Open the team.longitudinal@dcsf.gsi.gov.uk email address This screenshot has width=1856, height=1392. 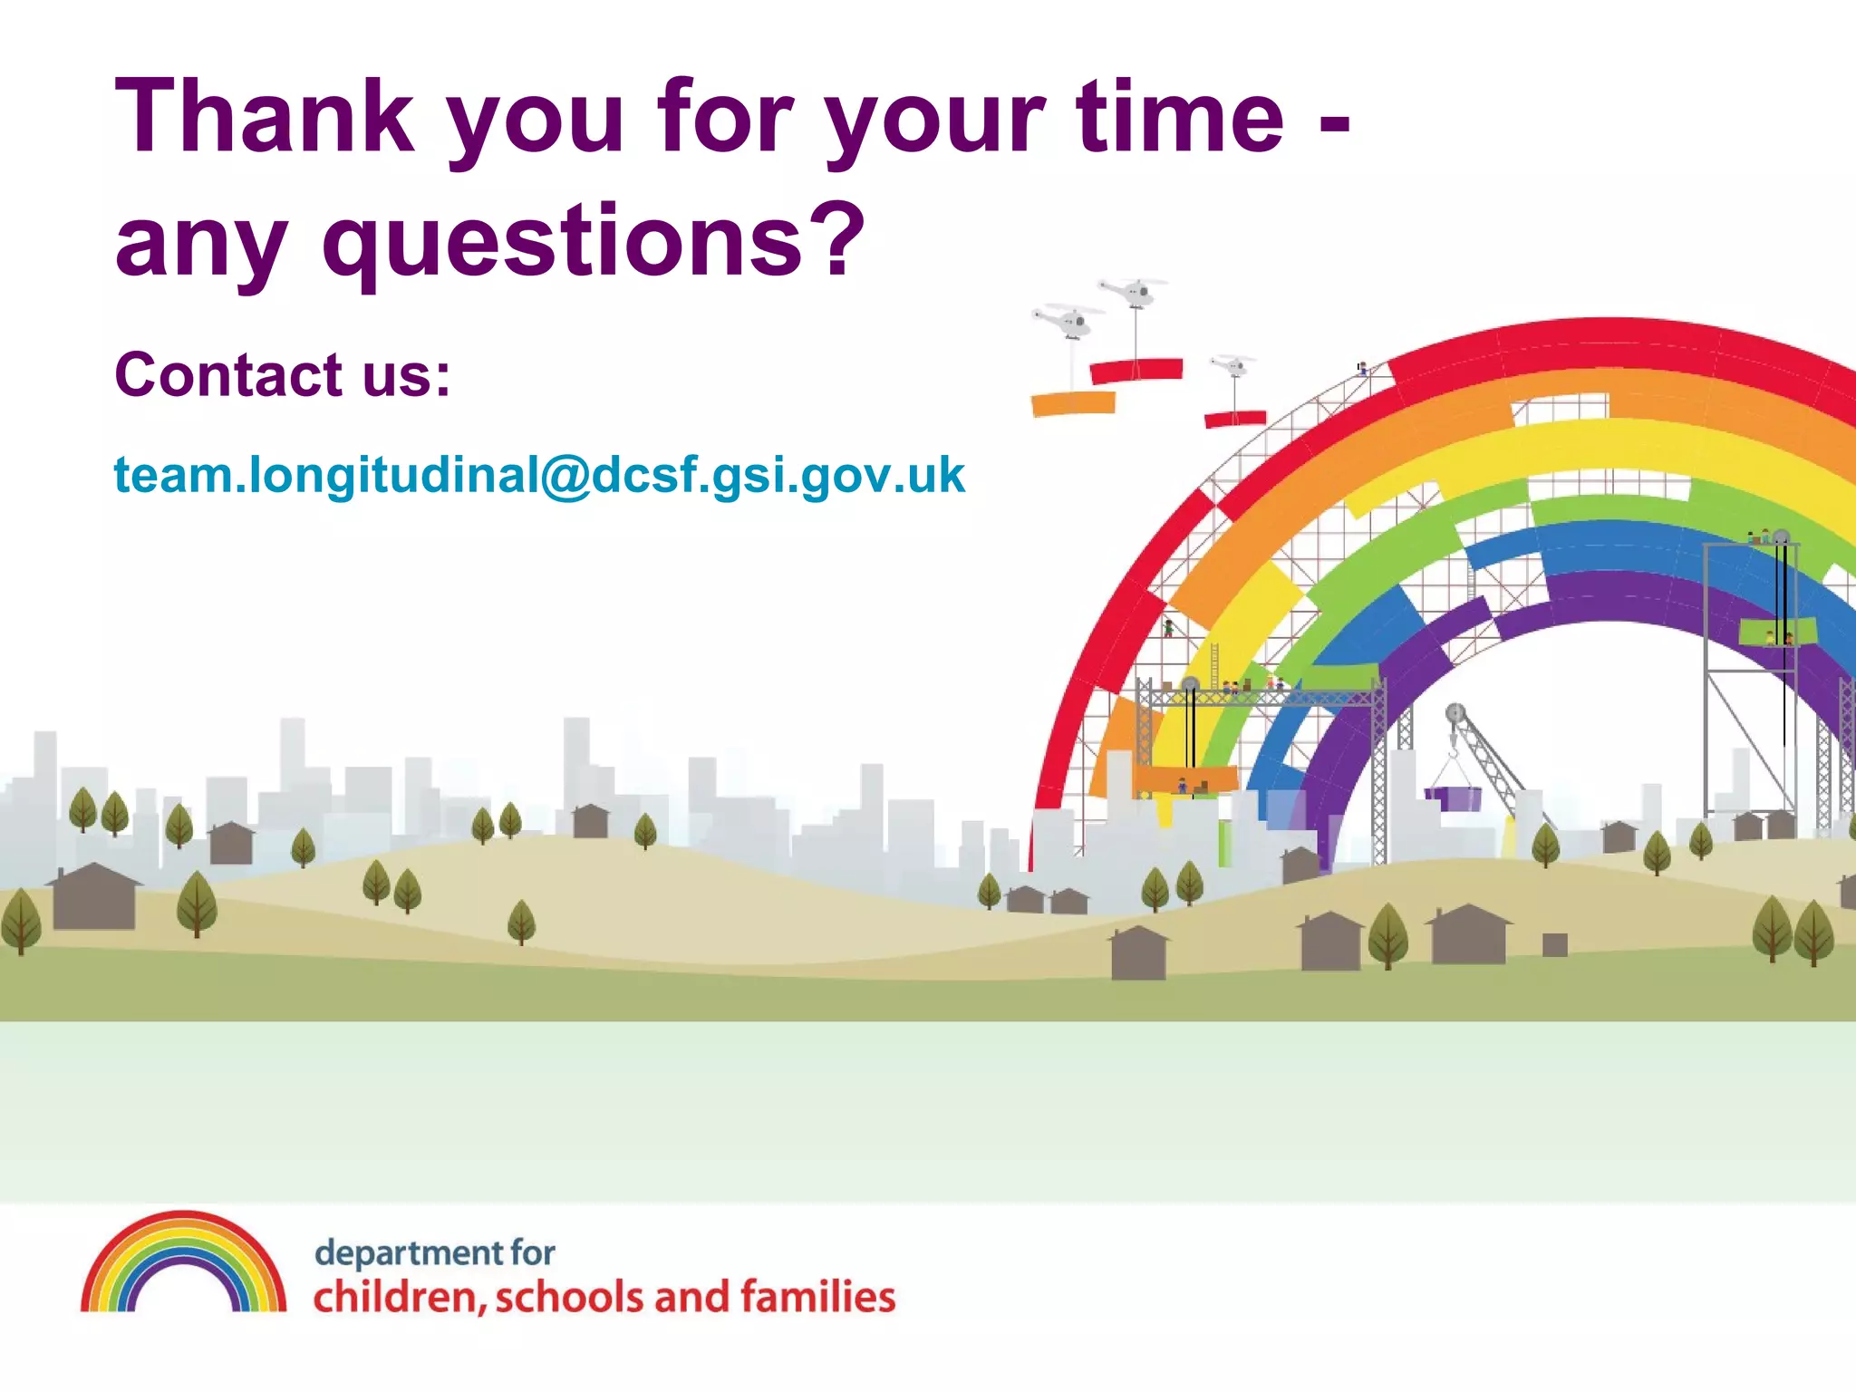click(x=539, y=475)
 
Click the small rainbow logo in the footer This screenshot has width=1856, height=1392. click(x=183, y=1263)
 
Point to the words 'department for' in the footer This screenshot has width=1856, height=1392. click(x=434, y=1252)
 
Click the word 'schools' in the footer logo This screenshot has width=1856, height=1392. click(x=571, y=1297)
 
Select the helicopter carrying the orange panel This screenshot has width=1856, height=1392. click(x=1069, y=321)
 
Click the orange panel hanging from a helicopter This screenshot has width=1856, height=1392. click(x=1073, y=403)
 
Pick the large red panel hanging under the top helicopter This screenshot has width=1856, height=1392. click(x=1136, y=370)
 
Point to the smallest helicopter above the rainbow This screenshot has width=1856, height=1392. click(x=1233, y=364)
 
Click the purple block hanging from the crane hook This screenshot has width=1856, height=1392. click(x=1455, y=798)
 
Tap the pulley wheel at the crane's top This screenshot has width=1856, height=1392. click(x=1455, y=713)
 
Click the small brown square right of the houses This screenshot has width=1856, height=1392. click(x=1555, y=944)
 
